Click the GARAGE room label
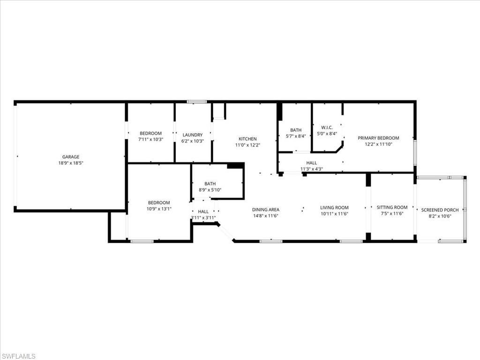[x=71, y=157]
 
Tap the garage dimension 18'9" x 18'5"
[x=71, y=163]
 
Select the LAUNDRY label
[x=192, y=135]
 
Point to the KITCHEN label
[x=247, y=139]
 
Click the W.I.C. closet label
[x=327, y=127]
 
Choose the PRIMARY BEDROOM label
[x=378, y=138]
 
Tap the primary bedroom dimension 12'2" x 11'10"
[x=378, y=144]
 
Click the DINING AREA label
[x=266, y=210]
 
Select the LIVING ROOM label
[x=334, y=208]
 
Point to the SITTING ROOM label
[x=392, y=207]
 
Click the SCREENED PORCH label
[x=440, y=210]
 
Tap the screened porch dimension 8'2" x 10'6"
[x=440, y=216]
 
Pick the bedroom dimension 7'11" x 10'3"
[x=150, y=139]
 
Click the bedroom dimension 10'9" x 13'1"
[x=159, y=209]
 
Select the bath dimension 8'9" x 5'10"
[x=210, y=189]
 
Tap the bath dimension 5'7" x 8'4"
[x=296, y=136]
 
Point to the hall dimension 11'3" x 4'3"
[x=312, y=169]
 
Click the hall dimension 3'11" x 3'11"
[x=203, y=217]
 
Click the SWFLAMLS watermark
[x=19, y=356]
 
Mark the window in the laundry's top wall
[x=197, y=102]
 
